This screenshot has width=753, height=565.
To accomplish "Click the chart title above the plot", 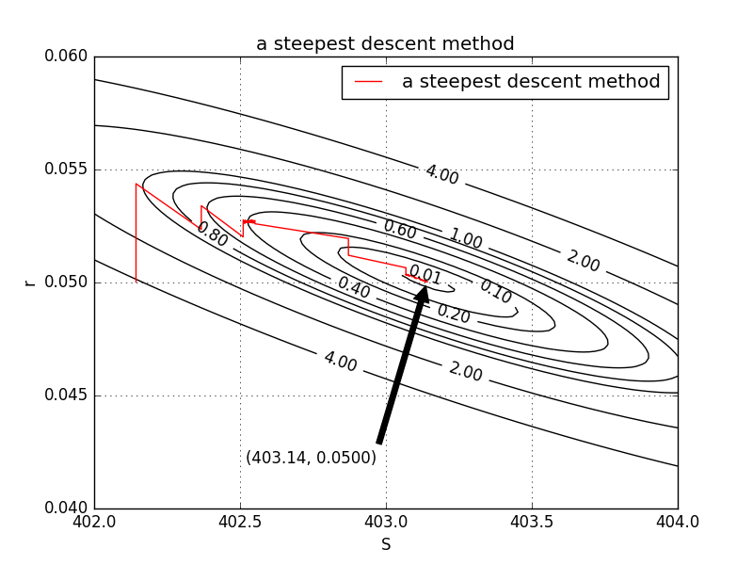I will (385, 44).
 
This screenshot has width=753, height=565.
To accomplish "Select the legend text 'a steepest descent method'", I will (531, 82).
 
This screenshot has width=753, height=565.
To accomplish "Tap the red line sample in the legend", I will (369, 82).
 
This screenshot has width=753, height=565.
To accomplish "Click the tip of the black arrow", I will (425, 286).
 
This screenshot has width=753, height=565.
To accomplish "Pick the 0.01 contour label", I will (425, 275).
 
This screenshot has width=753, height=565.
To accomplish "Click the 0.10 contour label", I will (495, 292).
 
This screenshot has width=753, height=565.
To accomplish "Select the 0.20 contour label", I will (453, 314).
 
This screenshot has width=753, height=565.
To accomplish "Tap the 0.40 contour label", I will (354, 287).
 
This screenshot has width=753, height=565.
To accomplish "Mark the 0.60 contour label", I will (400, 229).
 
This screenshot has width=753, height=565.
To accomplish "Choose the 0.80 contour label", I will (212, 234).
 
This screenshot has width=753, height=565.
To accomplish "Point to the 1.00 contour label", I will (465, 238).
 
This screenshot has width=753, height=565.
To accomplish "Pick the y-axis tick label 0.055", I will (66, 169).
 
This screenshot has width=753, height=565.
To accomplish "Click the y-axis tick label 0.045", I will (66, 395).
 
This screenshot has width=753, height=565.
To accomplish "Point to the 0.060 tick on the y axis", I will (66, 56).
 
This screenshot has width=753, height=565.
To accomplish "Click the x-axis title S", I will (386, 544).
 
